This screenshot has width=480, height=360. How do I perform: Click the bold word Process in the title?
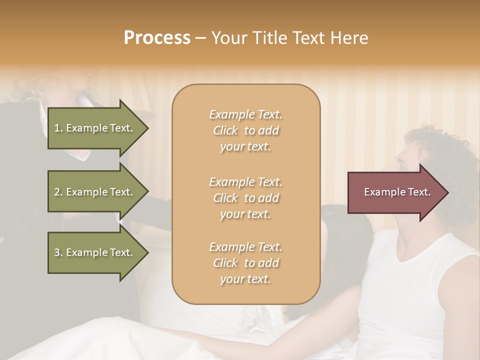(157, 37)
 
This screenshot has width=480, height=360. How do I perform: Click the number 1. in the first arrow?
(58, 128)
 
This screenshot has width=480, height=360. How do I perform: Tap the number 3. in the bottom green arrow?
(58, 252)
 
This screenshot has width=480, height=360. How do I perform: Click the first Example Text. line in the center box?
(245, 114)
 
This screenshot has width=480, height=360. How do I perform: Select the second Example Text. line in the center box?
(245, 181)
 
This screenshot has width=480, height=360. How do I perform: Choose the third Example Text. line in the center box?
(245, 247)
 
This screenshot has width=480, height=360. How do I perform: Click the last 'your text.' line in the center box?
(245, 279)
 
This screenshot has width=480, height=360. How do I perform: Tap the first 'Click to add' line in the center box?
(245, 130)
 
